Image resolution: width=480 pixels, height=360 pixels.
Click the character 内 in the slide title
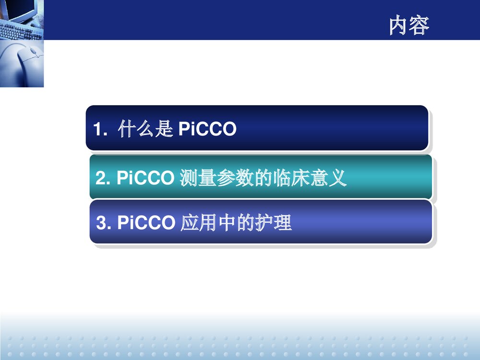click(398, 26)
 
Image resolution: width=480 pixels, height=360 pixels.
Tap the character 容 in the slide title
click(419, 26)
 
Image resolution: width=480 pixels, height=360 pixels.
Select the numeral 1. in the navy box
click(101, 130)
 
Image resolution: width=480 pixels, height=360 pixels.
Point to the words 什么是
click(144, 129)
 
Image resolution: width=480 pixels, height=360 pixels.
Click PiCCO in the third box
click(146, 223)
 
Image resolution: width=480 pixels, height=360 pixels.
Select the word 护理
click(277, 223)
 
